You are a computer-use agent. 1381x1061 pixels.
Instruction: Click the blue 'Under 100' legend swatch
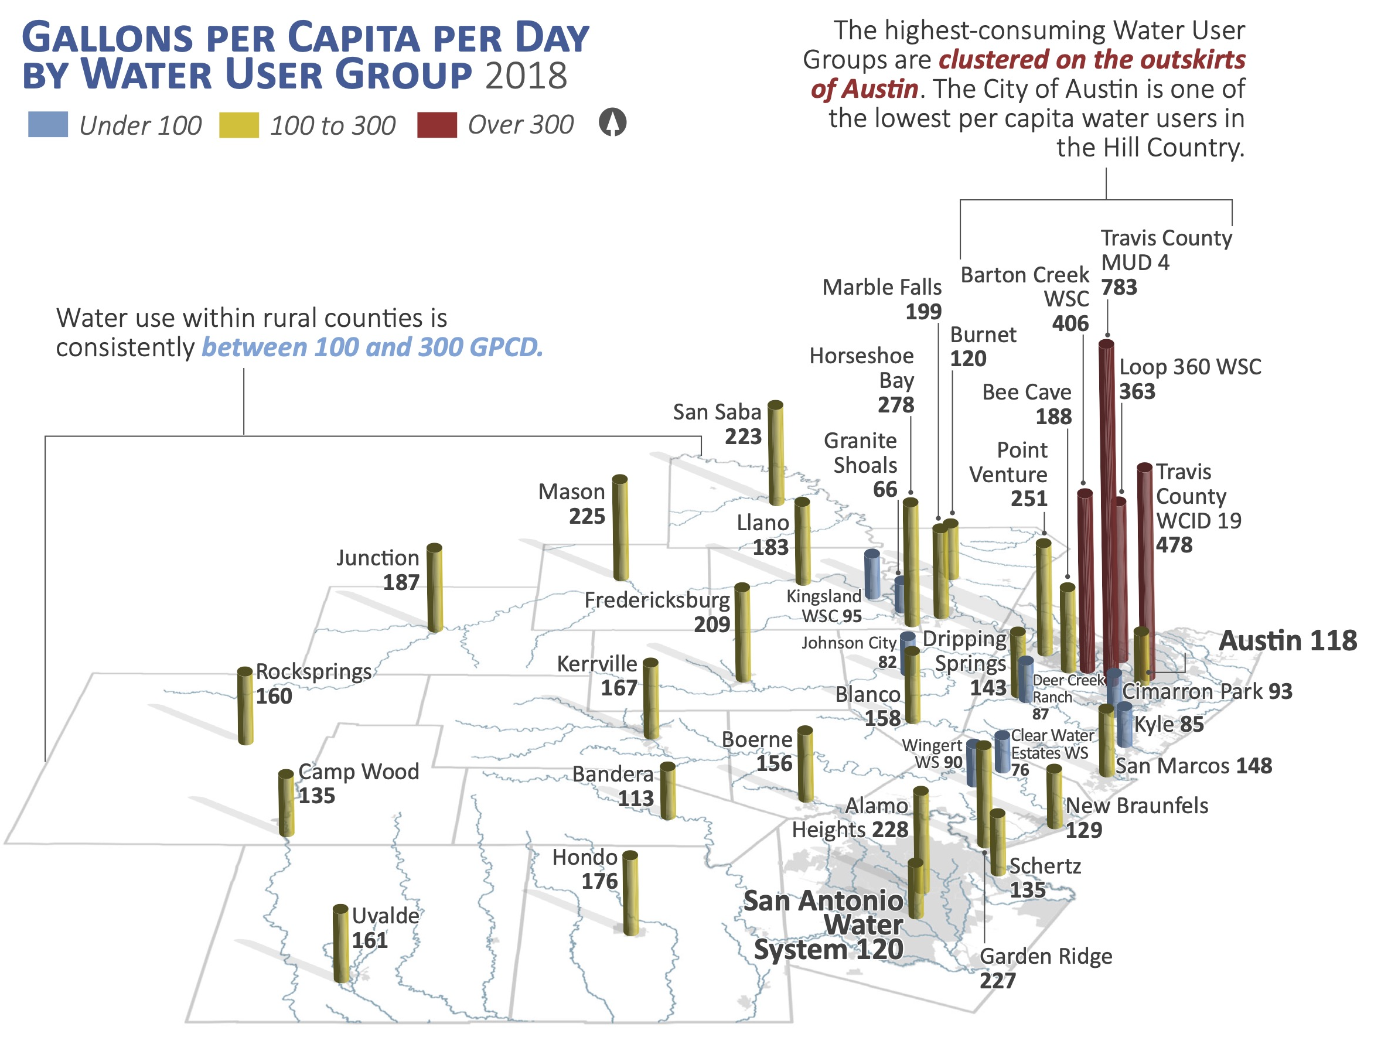[47, 124]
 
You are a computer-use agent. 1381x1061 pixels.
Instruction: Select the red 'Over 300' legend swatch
[437, 124]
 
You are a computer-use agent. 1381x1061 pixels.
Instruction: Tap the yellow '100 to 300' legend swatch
[238, 124]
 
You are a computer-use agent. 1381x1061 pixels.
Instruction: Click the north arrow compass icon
[612, 122]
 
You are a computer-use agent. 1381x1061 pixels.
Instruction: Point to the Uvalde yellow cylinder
[340, 944]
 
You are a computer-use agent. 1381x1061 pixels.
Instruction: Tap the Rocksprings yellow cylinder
[245, 705]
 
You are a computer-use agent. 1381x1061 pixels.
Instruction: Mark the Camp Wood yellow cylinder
[286, 803]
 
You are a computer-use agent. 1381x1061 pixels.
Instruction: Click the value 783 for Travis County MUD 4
[1119, 287]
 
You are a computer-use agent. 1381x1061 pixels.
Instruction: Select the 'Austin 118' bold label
[1287, 640]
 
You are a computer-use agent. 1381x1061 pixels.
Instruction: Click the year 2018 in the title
[526, 76]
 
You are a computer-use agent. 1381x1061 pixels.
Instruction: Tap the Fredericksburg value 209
[712, 625]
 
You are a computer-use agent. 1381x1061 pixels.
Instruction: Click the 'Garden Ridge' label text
[1045, 957]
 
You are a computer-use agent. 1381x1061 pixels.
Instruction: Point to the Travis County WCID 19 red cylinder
[1145, 562]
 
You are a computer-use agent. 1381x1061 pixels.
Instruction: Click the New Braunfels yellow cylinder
[1053, 796]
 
